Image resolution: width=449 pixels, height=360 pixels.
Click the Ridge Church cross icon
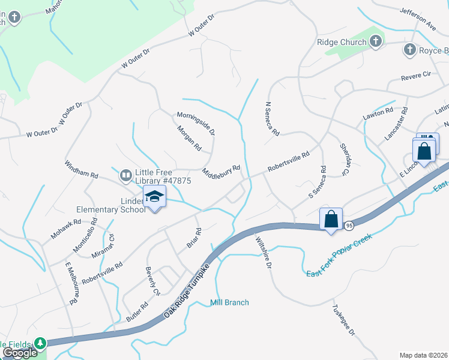pyautogui.click(x=376, y=42)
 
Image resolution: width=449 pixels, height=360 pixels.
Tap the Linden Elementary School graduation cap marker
pyautogui.click(x=154, y=197)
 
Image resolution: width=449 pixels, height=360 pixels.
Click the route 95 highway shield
pyautogui.click(x=349, y=224)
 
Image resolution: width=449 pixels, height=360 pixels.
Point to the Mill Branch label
pyautogui.click(x=229, y=302)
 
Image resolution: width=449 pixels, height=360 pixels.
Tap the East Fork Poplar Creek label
pyautogui.click(x=339, y=255)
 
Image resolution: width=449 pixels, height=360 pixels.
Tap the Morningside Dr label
pyautogui.click(x=196, y=123)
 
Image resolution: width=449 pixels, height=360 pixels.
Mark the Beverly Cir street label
pyautogui.click(x=152, y=281)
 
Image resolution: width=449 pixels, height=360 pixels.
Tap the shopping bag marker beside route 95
pyautogui.click(x=331, y=219)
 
